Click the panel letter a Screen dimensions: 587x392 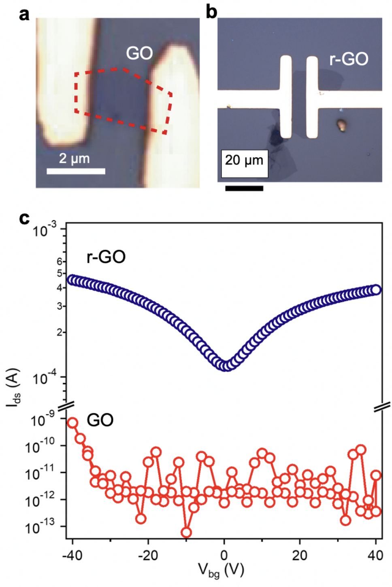coord(24,15)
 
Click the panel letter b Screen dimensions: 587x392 coord(211,12)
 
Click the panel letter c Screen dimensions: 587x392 coord(24,219)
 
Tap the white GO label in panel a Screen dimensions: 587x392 coord(139,53)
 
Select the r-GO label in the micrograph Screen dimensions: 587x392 coord(349,59)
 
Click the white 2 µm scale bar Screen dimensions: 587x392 coord(76,171)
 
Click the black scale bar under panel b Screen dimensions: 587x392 coord(244,188)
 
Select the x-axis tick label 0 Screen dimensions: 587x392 coord(224,555)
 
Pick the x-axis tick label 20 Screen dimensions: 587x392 coord(300,555)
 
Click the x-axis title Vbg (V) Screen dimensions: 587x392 coord(221,570)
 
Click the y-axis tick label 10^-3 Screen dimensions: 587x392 coord(45,230)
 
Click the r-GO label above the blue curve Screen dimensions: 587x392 coord(106,257)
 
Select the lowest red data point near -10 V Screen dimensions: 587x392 coord(186,532)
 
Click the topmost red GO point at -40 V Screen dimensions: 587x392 coord(72,423)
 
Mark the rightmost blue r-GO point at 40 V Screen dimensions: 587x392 coord(376,289)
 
